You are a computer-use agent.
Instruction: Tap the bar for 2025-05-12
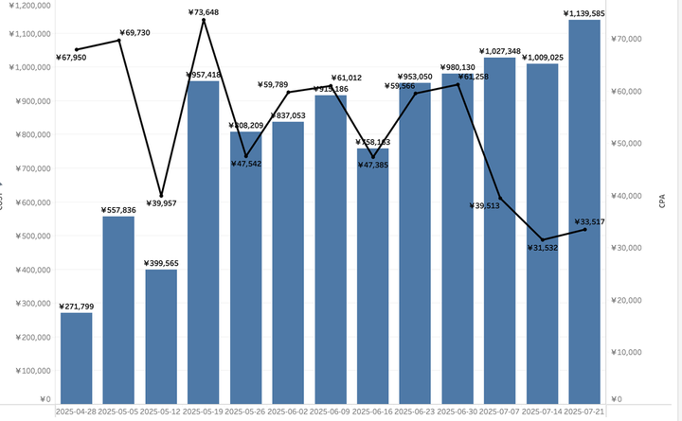pos(161,337)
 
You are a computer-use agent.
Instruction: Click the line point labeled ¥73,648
pos(204,20)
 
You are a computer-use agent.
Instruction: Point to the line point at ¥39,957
pos(161,195)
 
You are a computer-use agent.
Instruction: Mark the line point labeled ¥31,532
pos(542,240)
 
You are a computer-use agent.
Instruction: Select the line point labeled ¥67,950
pos(77,49)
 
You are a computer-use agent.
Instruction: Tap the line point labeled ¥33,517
pos(584,230)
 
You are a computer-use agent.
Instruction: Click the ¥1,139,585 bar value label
pos(584,13)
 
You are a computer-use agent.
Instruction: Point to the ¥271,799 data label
pos(77,307)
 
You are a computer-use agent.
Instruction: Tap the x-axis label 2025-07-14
pos(542,412)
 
